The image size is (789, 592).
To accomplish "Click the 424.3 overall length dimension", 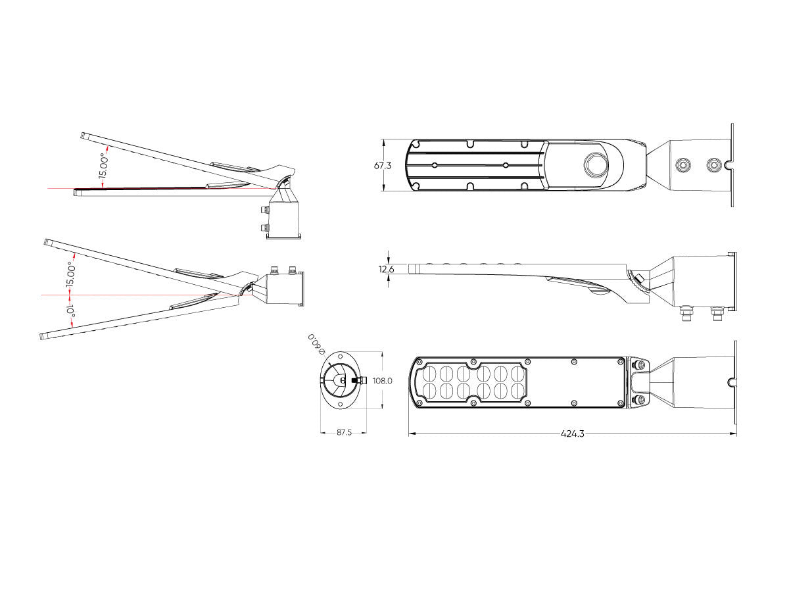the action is pos(572,433).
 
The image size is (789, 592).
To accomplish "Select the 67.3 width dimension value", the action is pos(383,165).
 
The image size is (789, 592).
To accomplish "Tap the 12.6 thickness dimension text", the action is pos(386,269).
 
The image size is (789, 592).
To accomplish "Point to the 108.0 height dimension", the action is pos(383,381).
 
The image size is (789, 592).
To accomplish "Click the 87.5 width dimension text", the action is pos(344,432).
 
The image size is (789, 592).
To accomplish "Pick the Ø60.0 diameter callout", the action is pos(316,344).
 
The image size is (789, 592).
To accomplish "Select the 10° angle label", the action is pos(71,311).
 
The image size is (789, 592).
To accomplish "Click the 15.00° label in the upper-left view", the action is pos(103,166).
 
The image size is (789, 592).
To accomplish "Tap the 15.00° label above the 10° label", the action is pos(71,275).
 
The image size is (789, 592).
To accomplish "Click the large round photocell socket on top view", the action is pos(596,164).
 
